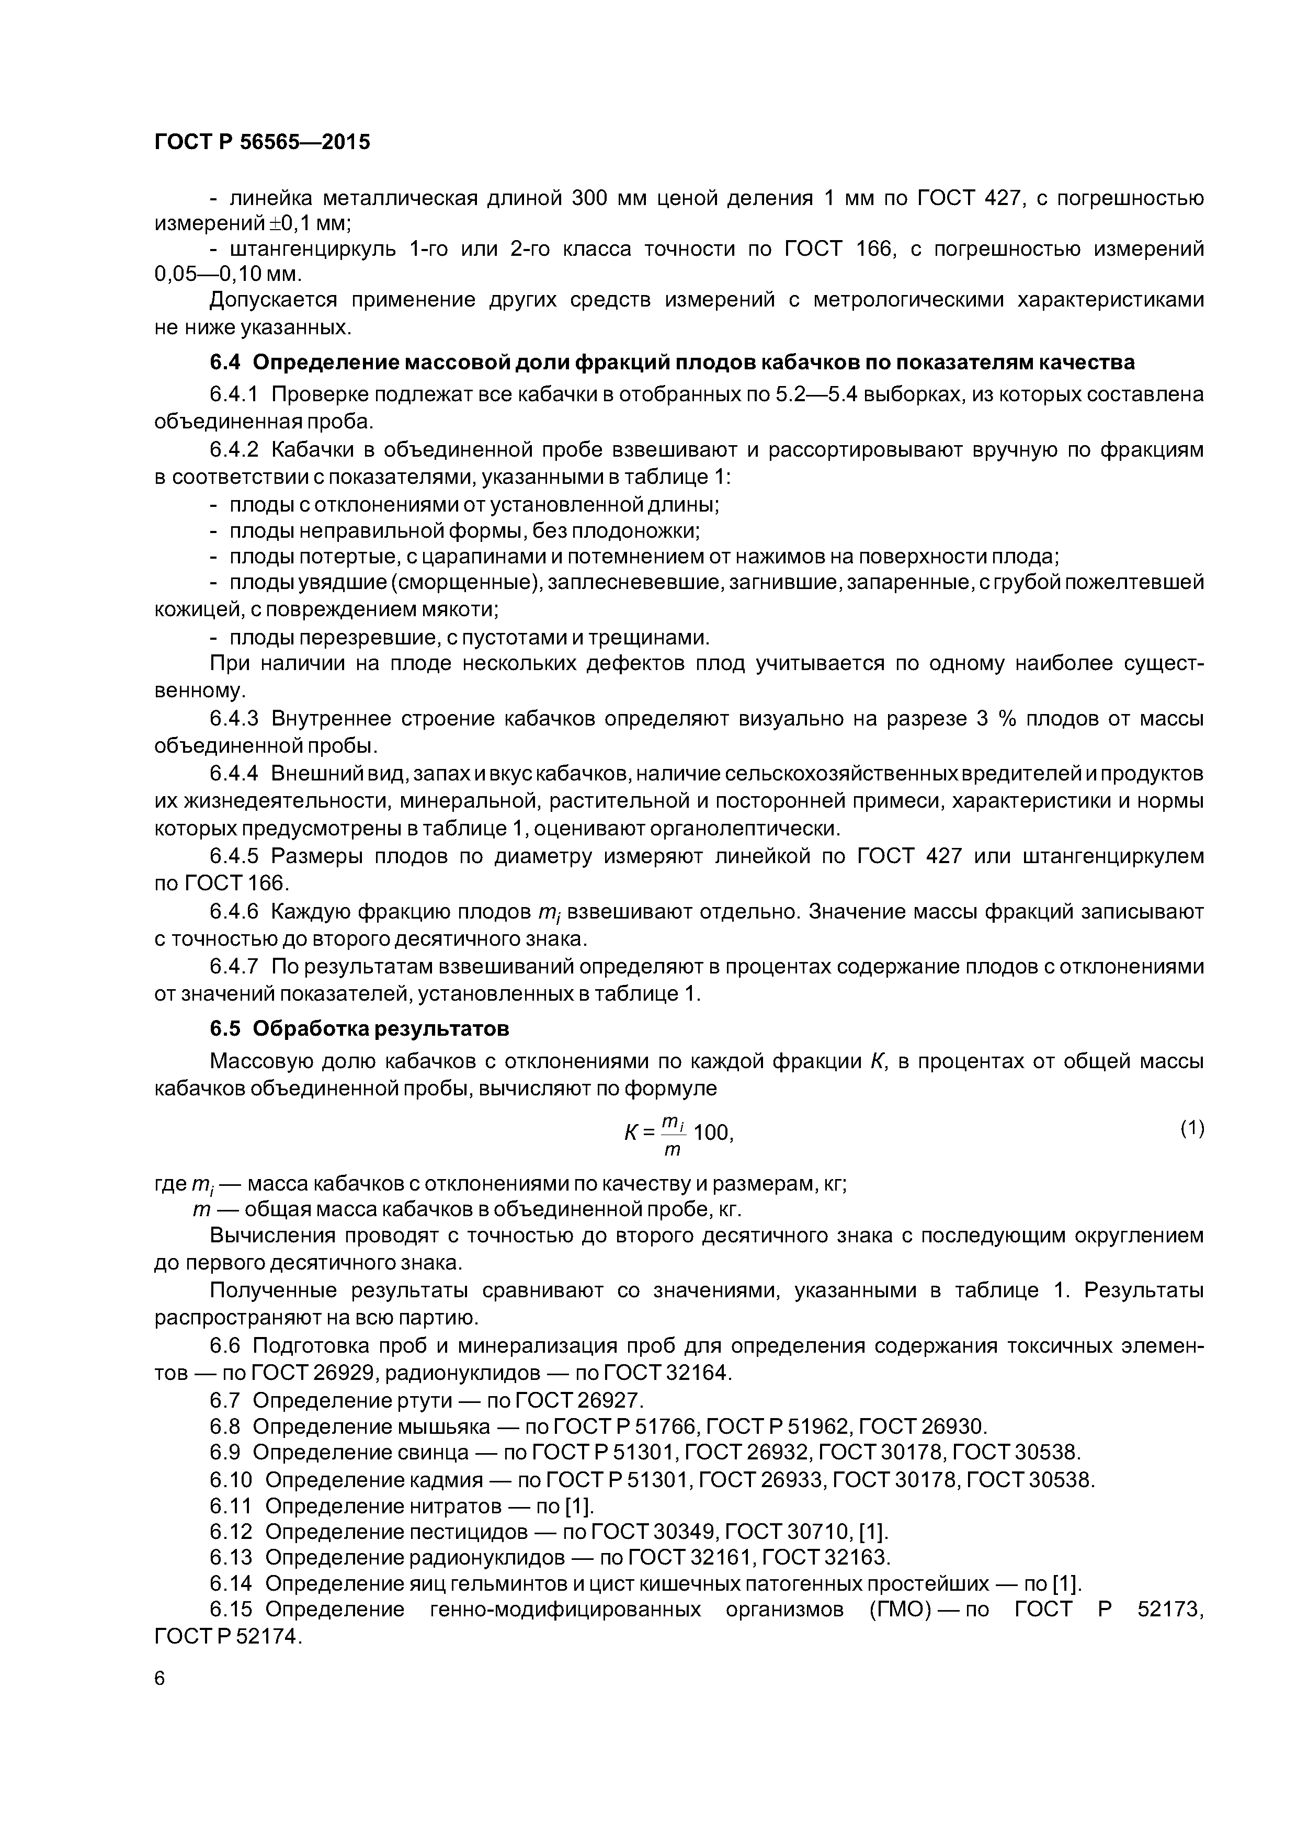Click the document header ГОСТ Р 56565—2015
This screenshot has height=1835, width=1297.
pyautogui.click(x=262, y=142)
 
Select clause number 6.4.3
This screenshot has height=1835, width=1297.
pyautogui.click(x=234, y=719)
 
